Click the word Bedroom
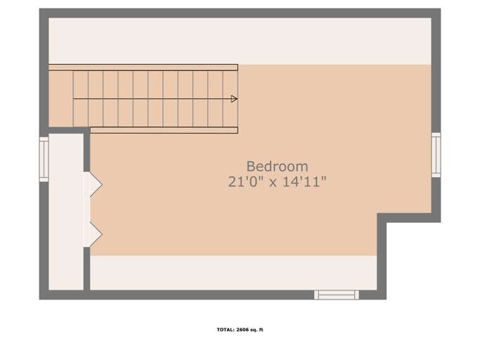(277, 167)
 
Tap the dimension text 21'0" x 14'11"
(277, 182)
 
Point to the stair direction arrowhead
(234, 99)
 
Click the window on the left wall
(44, 159)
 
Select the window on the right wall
(436, 155)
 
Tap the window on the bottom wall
(336, 295)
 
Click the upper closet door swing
(93, 184)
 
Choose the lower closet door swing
(93, 233)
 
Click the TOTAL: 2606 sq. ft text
(240, 330)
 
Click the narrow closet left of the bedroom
(66, 211)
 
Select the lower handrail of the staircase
(163, 129)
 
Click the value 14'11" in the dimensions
(304, 182)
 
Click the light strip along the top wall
(239, 41)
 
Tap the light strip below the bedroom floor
(232, 272)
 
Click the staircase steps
(155, 99)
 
